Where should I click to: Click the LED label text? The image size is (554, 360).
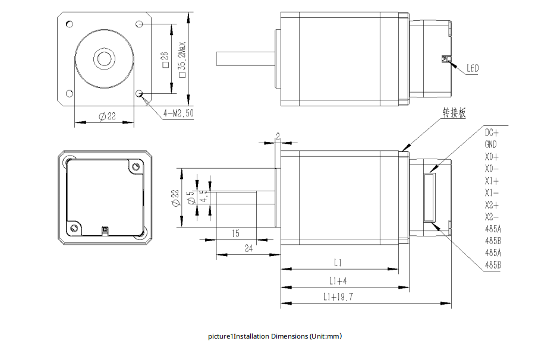point(472,68)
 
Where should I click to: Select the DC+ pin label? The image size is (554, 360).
point(492,132)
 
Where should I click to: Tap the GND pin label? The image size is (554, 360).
point(491,144)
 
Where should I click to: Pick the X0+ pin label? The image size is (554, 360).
point(492,157)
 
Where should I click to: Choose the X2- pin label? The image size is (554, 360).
point(492,216)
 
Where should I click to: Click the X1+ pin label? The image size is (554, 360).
point(492,181)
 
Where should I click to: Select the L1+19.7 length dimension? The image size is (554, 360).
point(338,297)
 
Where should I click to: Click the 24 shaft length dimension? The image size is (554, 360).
point(248,250)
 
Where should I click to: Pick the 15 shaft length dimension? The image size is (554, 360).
point(235,233)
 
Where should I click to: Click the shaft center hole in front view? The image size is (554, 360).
point(104,58)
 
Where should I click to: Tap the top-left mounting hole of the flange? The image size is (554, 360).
point(69,24)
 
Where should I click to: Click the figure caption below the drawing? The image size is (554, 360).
point(275,337)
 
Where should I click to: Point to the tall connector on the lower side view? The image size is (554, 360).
point(430,197)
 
